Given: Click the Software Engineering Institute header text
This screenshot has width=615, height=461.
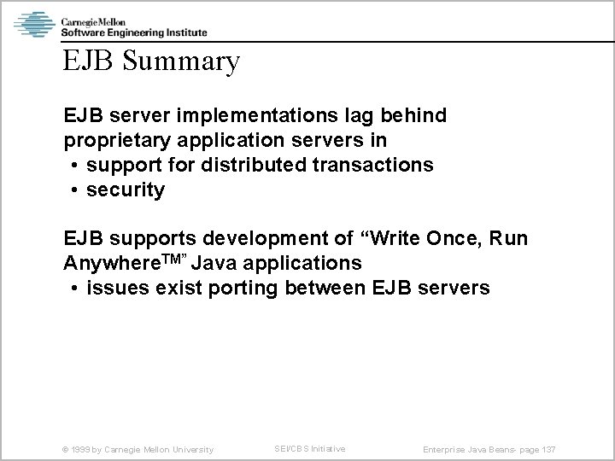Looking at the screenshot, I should tap(133, 32).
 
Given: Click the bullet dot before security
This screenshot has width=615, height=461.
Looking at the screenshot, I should tap(76, 190).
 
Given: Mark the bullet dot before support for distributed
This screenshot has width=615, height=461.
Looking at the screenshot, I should tap(76, 165).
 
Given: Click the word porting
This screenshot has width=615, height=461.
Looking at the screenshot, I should tap(241, 288).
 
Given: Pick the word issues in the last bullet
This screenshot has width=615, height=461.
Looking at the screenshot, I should tap(115, 288).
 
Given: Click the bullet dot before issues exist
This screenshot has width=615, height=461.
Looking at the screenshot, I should tap(76, 288).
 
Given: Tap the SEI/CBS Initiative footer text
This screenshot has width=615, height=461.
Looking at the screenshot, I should tap(310, 448).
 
